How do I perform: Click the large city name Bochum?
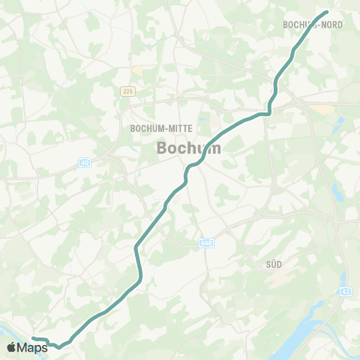(x=189, y=148)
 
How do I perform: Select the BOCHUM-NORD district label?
(x=313, y=25)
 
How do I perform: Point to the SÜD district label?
(x=274, y=264)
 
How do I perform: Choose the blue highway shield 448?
(x=205, y=243)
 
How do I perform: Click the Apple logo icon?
(x=11, y=346)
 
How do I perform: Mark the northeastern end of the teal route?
(x=327, y=12)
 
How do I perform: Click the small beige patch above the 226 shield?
(x=136, y=70)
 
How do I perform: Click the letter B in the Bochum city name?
(x=163, y=148)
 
